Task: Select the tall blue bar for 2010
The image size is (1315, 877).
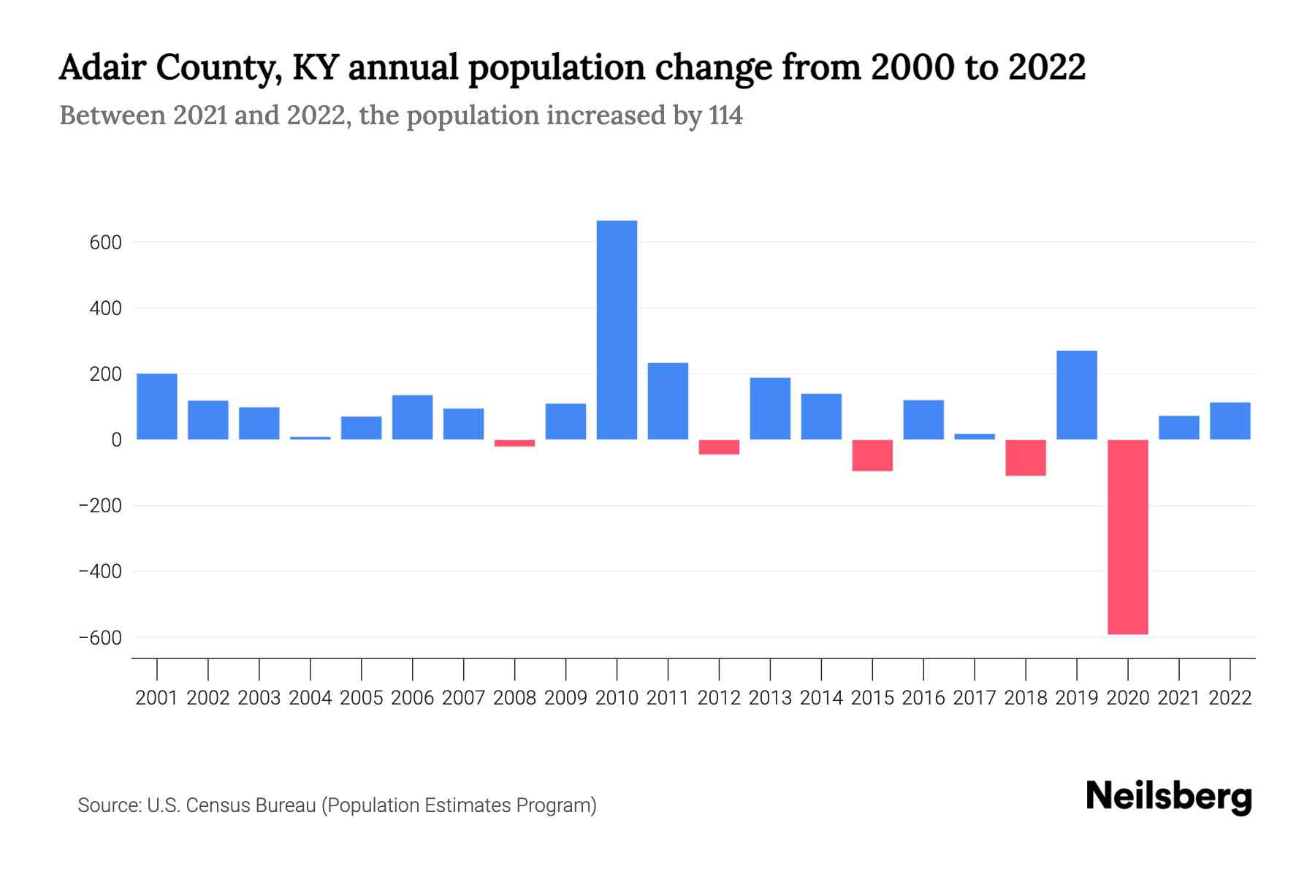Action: click(617, 330)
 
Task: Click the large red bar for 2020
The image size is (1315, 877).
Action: click(1127, 537)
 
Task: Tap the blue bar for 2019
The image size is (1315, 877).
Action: click(1076, 395)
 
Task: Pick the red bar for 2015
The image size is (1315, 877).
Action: click(872, 455)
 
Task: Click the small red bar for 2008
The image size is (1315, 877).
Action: click(514, 443)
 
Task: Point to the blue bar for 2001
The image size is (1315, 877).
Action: click(157, 406)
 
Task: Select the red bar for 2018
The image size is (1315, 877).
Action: click(1025, 458)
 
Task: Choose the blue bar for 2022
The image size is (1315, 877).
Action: click(1230, 421)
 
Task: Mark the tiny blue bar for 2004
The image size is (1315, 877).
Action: click(310, 438)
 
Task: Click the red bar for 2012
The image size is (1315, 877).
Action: click(719, 447)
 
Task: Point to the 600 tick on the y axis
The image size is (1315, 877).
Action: click(105, 243)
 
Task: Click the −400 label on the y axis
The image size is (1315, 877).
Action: click(100, 572)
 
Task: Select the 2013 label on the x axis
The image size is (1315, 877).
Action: click(770, 698)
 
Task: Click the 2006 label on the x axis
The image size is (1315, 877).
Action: click(412, 698)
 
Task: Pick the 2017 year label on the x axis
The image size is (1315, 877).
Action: click(974, 698)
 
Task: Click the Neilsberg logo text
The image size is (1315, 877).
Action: click(1169, 797)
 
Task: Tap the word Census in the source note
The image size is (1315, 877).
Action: click(216, 805)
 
